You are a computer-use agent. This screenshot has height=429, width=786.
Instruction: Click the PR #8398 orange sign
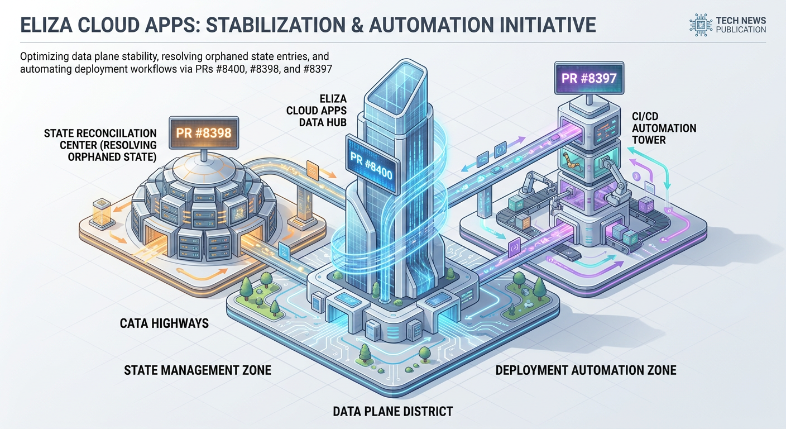204,133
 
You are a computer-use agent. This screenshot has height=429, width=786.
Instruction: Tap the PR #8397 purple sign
589,78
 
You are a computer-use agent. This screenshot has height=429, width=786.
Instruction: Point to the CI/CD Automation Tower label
664,128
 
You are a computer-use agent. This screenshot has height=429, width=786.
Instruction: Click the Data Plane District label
392,411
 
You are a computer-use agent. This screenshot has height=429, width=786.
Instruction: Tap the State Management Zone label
198,370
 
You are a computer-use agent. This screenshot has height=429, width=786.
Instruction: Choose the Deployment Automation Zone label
586,370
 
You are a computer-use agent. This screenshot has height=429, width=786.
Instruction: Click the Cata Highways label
164,323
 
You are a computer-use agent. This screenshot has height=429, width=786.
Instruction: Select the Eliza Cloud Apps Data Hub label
317,110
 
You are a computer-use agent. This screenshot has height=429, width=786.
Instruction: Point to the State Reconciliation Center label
100,145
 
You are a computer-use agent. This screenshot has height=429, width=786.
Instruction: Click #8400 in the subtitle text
230,69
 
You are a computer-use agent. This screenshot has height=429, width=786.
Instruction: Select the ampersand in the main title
357,25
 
